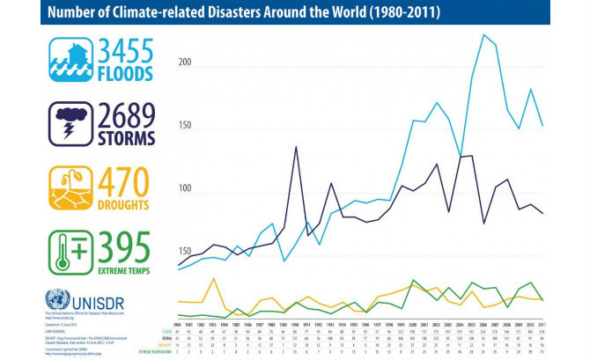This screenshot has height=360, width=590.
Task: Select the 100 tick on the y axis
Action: click(x=184, y=190)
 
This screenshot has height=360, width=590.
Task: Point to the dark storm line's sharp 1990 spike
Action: click(x=295, y=147)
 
